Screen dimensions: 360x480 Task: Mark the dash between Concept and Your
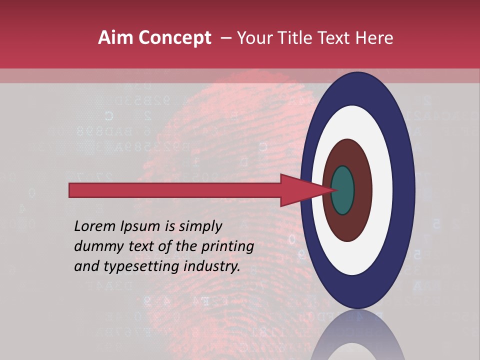click(x=225, y=38)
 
